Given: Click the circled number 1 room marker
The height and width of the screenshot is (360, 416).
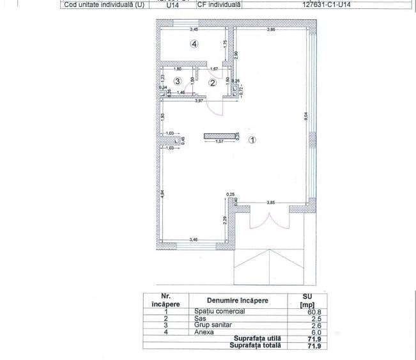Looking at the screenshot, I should [252, 140].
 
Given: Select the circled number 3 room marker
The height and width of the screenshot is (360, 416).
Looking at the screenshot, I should [178, 81].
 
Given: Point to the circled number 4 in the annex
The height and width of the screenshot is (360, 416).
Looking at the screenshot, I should [194, 43].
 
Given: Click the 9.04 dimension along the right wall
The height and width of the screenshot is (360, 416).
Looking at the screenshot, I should [307, 116].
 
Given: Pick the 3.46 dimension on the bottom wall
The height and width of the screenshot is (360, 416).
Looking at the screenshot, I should [193, 239].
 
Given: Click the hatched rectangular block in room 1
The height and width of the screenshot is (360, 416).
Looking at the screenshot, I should [219, 136].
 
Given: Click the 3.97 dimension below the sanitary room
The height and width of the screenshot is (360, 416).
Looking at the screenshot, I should [199, 101].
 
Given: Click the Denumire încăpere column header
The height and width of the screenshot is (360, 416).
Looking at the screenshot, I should [236, 300].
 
